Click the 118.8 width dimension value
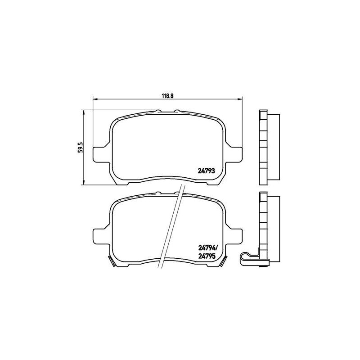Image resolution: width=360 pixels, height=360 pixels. point(167,95)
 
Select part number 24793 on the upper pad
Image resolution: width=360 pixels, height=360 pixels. point(206,171)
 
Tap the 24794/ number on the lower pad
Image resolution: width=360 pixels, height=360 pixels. point(207,248)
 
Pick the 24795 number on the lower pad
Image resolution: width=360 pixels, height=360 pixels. point(206,256)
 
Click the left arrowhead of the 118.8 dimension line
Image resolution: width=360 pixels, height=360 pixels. point(95,99)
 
